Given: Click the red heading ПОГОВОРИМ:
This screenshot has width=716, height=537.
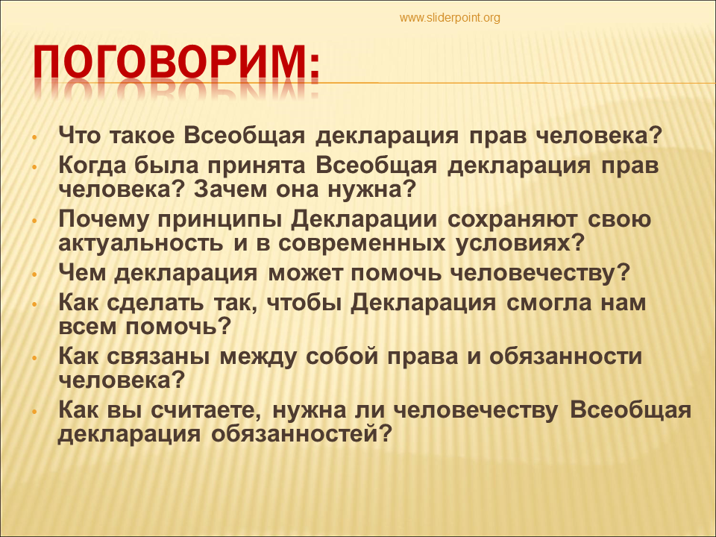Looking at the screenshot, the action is click(176, 63).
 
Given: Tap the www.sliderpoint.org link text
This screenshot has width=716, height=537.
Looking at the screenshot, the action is click(450, 18).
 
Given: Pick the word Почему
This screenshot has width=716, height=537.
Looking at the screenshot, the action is click(103, 219).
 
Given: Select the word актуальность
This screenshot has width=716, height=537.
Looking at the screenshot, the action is click(141, 243).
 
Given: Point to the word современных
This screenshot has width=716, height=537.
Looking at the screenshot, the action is click(362, 243).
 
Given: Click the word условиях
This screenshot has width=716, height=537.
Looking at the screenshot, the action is click(520, 243).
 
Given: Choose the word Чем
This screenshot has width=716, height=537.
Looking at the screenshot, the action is click(81, 273).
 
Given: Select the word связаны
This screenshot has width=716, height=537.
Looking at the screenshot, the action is click(158, 357).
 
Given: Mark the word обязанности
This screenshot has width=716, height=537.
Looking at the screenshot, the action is click(566, 357).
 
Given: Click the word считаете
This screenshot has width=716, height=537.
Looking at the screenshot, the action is click(207, 410).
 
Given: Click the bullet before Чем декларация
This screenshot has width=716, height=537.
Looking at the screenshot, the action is click(34, 275).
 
